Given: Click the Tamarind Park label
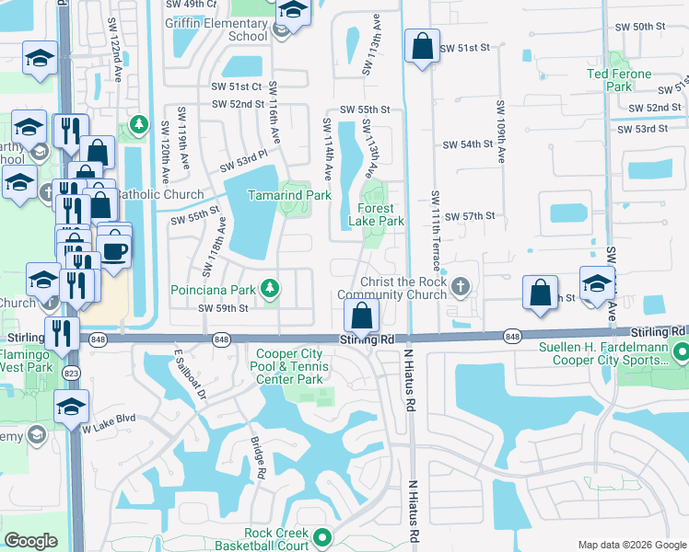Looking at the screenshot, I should (289, 195).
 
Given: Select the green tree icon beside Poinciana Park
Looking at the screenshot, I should (269, 290).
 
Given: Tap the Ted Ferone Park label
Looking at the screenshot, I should (619, 80).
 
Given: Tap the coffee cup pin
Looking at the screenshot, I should (114, 252).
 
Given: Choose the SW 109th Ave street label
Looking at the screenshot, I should (501, 132).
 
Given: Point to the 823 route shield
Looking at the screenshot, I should (69, 374).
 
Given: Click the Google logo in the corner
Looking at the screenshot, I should (30, 541).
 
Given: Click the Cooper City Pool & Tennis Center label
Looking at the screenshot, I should (289, 366).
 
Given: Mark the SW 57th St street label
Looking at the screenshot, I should (470, 215).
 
